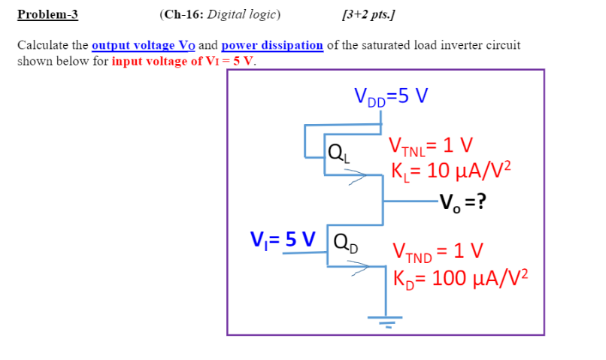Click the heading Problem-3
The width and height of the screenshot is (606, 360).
pyautogui.click(x=47, y=14)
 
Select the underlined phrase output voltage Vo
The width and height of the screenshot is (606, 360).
pyautogui.click(x=143, y=45)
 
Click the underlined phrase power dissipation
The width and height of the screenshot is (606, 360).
pyautogui.click(x=272, y=45)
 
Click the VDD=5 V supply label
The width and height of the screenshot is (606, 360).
pyautogui.click(x=391, y=95)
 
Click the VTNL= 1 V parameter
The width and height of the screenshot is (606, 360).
pyautogui.click(x=430, y=145)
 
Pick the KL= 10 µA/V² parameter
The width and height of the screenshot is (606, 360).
pyautogui.click(x=450, y=170)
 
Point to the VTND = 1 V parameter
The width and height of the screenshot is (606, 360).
pyautogui.click(x=438, y=251)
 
